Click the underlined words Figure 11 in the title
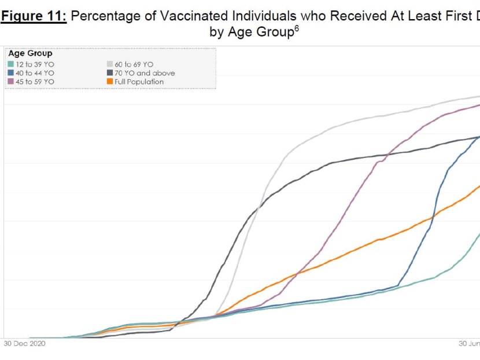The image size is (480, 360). (x=34, y=16)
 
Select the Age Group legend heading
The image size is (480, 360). (x=30, y=53)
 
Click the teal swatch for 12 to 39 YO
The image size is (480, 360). (x=11, y=64)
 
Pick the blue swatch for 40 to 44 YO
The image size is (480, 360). (x=11, y=73)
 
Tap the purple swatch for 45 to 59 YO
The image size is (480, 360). (x=11, y=82)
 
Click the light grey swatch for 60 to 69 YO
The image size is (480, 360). (x=109, y=64)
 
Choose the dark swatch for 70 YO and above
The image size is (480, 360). (x=109, y=73)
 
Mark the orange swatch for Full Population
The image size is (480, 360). (x=109, y=82)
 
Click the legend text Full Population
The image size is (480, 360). (x=139, y=82)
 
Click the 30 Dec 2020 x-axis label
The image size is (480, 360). (x=24, y=343)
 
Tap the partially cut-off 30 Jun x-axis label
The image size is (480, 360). (x=469, y=343)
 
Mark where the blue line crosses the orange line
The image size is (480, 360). (x=432, y=217)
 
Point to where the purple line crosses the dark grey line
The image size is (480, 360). (x=386, y=155)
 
